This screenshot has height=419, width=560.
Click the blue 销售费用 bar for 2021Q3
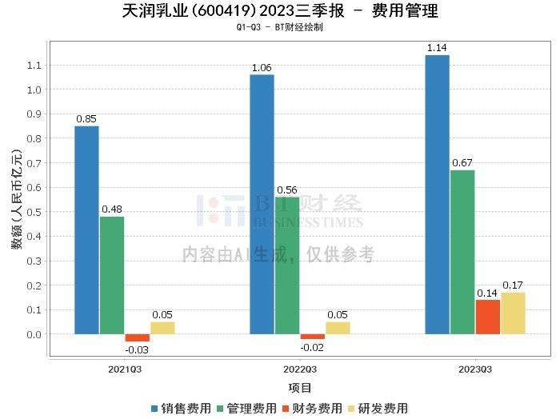(86, 230)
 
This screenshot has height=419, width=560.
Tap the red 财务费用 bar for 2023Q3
(488, 317)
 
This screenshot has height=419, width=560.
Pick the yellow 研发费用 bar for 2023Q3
(514, 313)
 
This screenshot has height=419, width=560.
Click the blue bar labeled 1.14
(438, 194)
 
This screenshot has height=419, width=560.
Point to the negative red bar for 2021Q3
(137, 337)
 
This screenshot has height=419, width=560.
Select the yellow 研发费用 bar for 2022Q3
(338, 328)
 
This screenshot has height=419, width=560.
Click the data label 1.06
(262, 68)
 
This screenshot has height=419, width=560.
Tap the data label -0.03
(137, 349)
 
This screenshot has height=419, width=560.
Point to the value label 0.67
(462, 163)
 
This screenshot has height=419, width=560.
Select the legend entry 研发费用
(378, 409)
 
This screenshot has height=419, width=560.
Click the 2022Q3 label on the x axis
(300, 369)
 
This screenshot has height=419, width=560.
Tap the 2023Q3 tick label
(475, 369)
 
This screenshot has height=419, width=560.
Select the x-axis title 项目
(300, 388)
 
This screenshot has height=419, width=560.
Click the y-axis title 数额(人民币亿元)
(17, 199)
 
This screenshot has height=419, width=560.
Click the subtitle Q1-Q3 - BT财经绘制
(280, 27)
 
